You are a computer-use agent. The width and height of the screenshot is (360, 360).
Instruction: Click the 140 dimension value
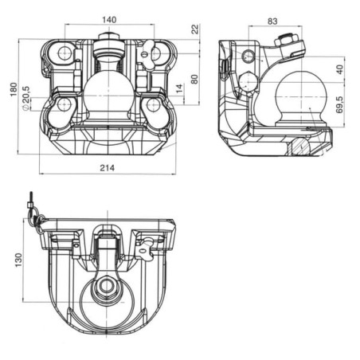(109, 20)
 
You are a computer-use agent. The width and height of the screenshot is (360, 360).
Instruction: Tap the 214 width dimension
(108, 168)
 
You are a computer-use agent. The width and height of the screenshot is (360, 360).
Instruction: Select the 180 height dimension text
(14, 89)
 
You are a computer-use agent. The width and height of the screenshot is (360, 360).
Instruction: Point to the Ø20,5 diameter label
(25, 98)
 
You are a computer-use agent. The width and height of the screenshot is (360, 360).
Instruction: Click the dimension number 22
(195, 29)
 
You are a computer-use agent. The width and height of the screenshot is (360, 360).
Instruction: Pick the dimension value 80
(194, 79)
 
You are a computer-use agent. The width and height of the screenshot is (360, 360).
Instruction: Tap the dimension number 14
(179, 88)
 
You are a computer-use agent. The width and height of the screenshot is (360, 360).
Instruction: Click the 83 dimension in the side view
(272, 22)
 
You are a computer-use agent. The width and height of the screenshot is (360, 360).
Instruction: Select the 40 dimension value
(339, 69)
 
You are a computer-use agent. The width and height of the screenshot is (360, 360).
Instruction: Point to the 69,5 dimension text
(339, 104)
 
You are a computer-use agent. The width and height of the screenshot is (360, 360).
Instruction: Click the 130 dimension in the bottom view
(18, 260)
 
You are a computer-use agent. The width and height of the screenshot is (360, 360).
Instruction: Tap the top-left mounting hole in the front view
(65, 53)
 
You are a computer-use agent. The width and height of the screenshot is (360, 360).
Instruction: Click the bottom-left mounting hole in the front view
(64, 104)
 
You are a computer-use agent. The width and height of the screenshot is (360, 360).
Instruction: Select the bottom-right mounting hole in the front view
(152, 105)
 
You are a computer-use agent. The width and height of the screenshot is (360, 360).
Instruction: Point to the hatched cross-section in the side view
(300, 147)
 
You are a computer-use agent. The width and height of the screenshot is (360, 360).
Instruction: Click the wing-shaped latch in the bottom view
(146, 248)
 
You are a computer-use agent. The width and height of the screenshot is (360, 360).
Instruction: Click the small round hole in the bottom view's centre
(107, 285)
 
